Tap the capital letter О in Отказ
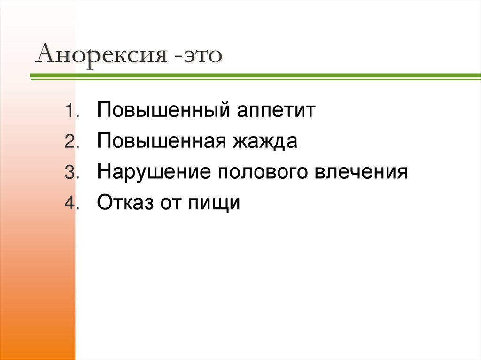105,203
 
